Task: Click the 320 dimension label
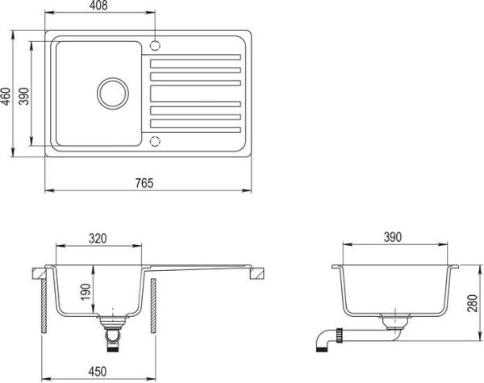pyautogui.click(x=98, y=238)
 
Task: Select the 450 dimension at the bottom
pyautogui.click(x=98, y=374)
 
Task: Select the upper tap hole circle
pyautogui.click(x=156, y=43)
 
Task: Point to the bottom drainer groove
pyautogui.click(x=195, y=128)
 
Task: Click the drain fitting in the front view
pyautogui.click(x=112, y=332)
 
